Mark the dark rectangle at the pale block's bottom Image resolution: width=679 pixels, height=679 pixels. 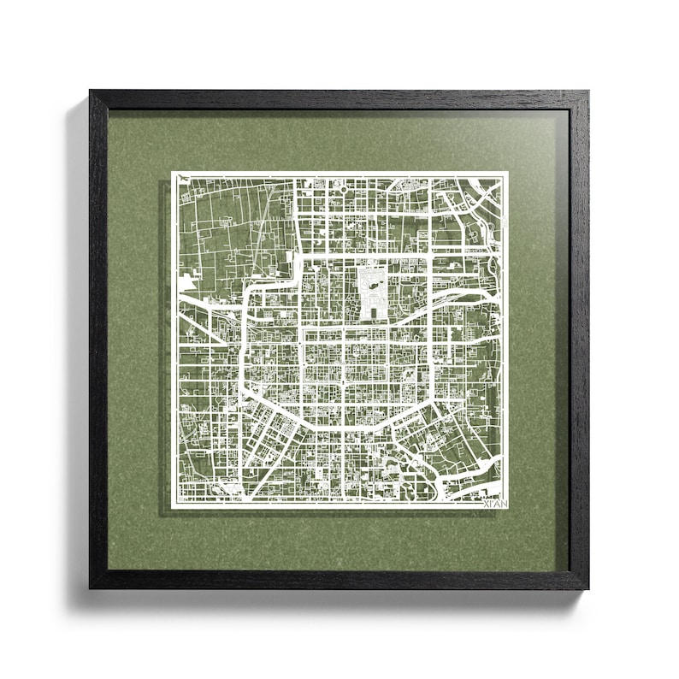(x=373, y=310)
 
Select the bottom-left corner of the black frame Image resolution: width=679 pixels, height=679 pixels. (x=91, y=588)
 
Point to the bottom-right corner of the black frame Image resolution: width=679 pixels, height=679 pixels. (x=588, y=588)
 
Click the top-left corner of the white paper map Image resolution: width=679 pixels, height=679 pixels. (x=172, y=172)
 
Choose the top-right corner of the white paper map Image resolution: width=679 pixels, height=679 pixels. (x=508, y=172)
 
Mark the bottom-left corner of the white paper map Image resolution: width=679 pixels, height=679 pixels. (x=172, y=508)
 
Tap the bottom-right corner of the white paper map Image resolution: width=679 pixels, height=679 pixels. (x=508, y=508)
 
